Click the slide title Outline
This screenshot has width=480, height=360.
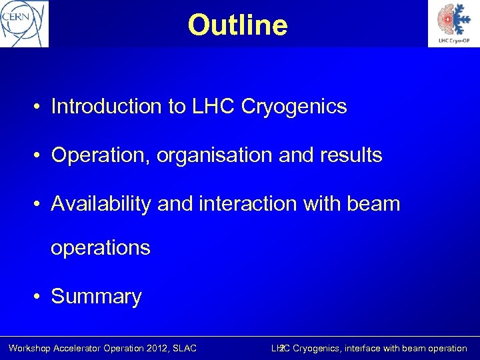[237, 25]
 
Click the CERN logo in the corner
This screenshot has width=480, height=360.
[24, 23]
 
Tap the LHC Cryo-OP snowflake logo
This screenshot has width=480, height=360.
[453, 23]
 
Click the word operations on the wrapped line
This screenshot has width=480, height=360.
[101, 247]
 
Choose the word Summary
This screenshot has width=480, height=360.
[97, 297]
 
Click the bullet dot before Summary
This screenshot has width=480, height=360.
[41, 297]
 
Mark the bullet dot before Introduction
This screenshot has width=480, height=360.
[41, 107]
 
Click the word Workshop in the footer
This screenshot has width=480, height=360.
[31, 348]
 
